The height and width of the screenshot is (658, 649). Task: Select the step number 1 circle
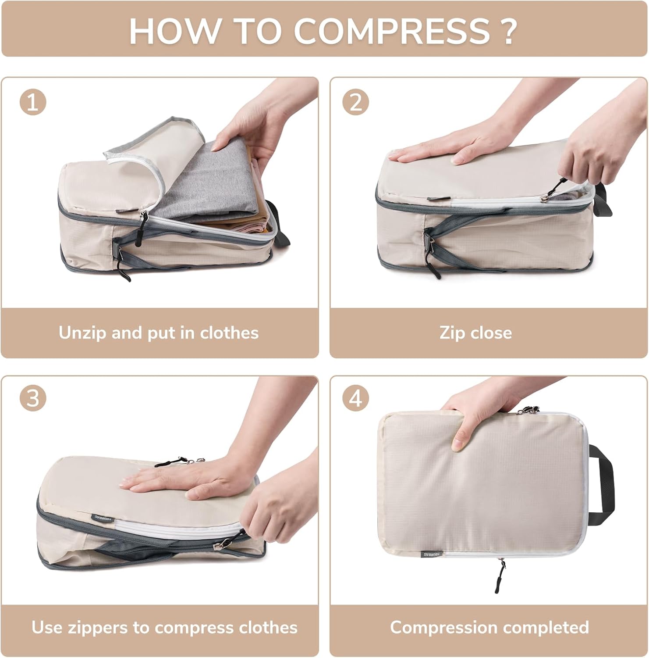[33, 102]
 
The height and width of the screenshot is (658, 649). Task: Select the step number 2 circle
[355, 102]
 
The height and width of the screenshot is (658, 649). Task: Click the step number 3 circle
[33, 399]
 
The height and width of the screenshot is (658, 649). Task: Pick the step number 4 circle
[355, 399]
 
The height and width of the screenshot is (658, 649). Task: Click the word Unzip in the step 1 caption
[82, 333]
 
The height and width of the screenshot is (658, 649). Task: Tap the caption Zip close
[475, 333]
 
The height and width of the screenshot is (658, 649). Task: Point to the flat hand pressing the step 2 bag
[438, 151]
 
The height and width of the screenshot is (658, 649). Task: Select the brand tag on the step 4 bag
[432, 554]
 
